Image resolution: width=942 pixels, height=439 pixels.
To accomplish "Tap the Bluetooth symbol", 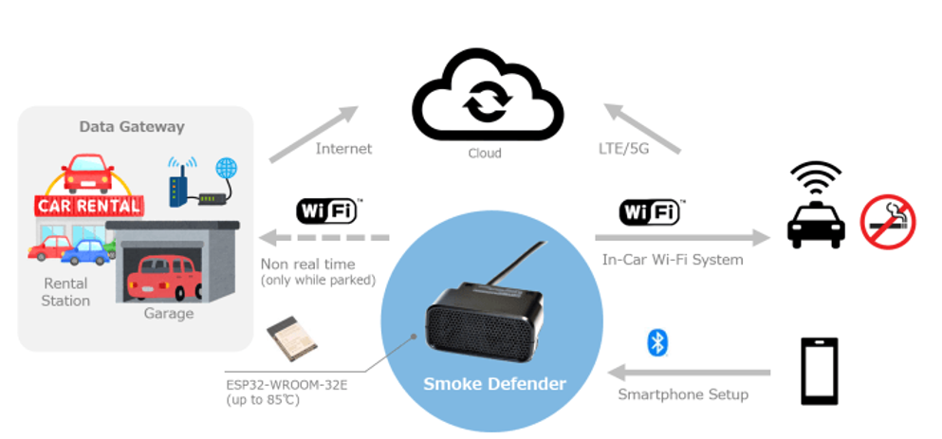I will (656, 342).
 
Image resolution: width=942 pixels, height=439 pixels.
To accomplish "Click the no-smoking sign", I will (887, 221).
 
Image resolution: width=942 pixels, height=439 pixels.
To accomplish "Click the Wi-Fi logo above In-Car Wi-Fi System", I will (649, 211).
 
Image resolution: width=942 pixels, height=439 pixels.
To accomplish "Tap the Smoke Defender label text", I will (495, 383).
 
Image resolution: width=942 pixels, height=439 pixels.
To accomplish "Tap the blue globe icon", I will (227, 169).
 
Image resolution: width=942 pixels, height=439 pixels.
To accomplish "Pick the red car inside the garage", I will (163, 276).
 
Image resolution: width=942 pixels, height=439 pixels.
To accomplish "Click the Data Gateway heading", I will (132, 126).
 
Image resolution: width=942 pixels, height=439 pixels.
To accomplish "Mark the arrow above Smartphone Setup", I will (689, 372).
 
